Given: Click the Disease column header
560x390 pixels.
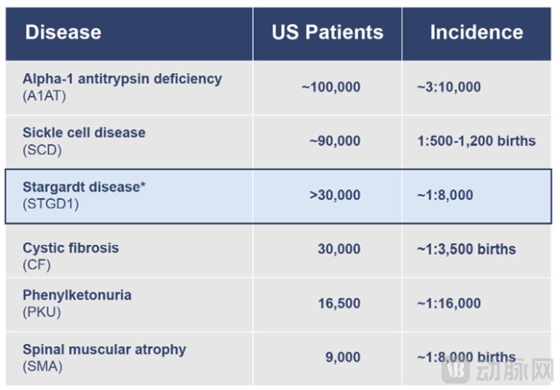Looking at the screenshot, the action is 63,32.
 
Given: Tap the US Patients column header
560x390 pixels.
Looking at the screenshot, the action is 328,32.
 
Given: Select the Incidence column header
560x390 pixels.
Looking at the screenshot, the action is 476,32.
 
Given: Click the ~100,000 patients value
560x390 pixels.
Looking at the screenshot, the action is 331,87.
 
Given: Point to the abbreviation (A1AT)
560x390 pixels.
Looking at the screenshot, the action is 44,96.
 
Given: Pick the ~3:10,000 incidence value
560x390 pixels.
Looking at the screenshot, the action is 449,87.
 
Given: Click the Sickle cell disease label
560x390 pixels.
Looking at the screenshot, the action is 84,133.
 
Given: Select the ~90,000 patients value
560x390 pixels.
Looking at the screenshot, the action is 335,141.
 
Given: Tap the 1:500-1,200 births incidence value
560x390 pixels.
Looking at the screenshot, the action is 476,141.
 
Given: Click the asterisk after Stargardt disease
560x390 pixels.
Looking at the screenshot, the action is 143,184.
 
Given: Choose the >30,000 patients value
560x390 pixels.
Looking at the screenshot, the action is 335,195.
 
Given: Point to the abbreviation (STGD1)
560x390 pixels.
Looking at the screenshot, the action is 50,204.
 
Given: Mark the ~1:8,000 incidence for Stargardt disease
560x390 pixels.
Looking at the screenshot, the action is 445,195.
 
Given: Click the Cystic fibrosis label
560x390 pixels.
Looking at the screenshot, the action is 71,247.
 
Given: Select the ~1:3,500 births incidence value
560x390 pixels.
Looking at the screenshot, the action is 466,249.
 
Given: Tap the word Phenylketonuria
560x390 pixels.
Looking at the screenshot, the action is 77,295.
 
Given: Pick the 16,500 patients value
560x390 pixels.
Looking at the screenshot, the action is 339,303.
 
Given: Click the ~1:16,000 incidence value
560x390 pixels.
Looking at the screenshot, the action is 449,303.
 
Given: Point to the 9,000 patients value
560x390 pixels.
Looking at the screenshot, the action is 343,357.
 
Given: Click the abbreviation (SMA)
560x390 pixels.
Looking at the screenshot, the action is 43,367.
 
